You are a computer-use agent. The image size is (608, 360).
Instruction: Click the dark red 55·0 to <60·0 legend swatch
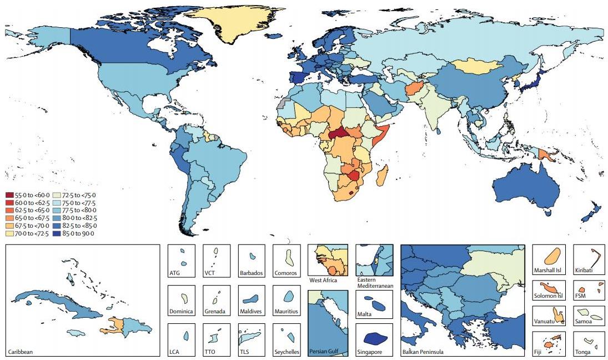point(9,195)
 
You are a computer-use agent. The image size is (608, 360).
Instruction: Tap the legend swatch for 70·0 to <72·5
point(9,233)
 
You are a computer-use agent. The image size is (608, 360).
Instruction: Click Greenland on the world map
point(233,23)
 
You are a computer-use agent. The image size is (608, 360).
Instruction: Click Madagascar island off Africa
point(383,175)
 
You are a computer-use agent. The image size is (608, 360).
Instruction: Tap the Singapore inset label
point(370,352)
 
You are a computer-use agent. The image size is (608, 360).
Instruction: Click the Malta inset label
point(364,314)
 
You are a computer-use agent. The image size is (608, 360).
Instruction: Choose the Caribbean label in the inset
point(21,352)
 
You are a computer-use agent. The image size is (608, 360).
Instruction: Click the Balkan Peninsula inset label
point(423,352)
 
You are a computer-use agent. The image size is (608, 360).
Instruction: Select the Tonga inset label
point(583,352)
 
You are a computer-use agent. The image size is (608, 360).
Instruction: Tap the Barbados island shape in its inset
point(253,257)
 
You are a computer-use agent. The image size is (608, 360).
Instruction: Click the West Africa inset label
point(323,280)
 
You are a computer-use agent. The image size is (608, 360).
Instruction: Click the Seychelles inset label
point(287,352)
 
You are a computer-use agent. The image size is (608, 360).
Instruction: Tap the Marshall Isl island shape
point(551,257)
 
